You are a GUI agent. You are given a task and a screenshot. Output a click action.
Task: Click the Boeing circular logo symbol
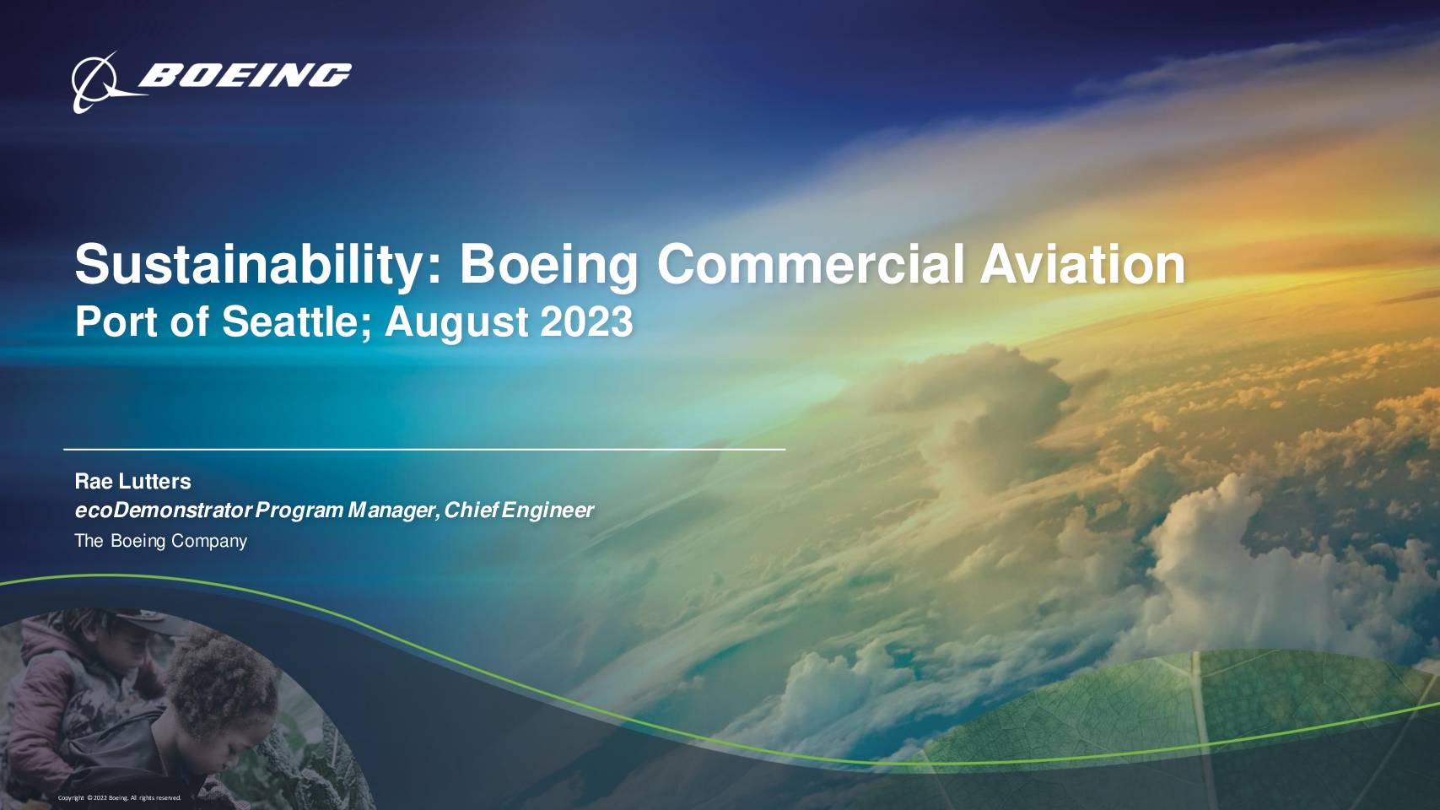tap(103, 84)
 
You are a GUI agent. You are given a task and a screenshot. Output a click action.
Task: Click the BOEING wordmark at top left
tap(245, 75)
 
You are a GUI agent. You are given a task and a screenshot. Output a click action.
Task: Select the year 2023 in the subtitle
tap(586, 321)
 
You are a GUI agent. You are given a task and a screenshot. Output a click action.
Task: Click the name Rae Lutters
tap(133, 481)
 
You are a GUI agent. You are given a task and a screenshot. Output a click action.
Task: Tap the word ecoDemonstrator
tap(164, 510)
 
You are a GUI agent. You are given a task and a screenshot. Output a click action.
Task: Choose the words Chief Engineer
tap(519, 510)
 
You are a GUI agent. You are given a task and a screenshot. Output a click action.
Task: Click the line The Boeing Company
tap(161, 541)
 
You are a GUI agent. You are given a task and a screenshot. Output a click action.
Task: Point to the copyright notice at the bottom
tap(120, 798)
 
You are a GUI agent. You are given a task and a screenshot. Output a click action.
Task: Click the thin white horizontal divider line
tap(424, 449)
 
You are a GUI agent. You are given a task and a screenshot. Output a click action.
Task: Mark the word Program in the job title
tap(299, 511)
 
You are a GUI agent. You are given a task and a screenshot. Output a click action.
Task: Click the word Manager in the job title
tap(393, 511)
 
